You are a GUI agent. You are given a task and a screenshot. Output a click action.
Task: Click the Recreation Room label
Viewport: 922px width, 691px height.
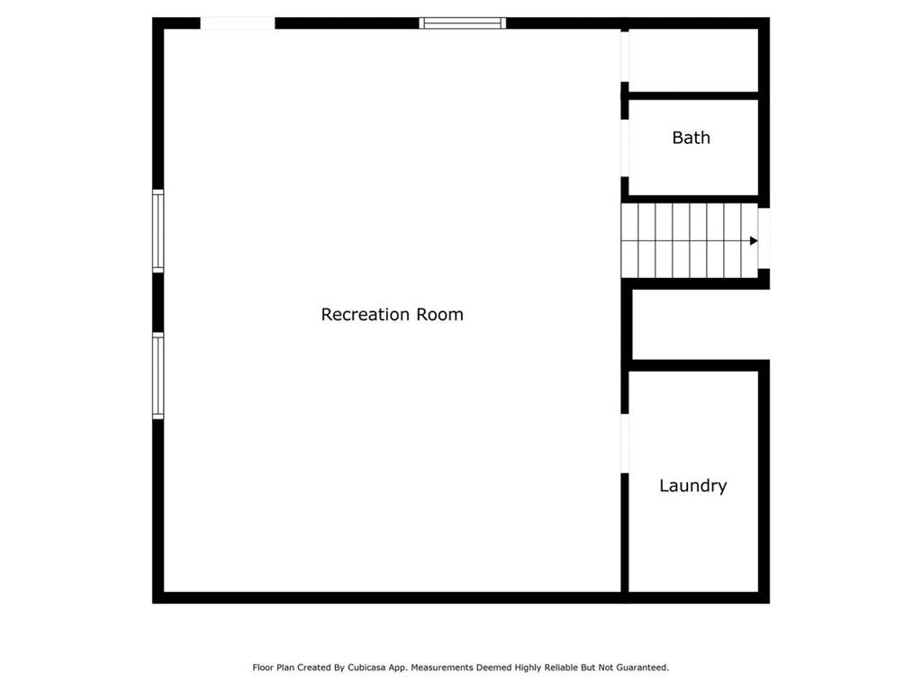pyautogui.click(x=393, y=314)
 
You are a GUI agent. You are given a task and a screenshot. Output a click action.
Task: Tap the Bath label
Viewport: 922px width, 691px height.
pyautogui.click(x=691, y=138)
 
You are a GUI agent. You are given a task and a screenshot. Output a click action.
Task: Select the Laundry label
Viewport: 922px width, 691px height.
pyautogui.click(x=692, y=486)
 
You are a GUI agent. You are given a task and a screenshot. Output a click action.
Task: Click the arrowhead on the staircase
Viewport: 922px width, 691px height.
pyautogui.click(x=754, y=241)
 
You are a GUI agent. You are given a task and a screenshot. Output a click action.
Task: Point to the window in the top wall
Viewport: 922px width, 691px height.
pyautogui.click(x=462, y=23)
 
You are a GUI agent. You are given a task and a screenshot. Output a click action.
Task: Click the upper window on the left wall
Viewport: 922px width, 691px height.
pyautogui.click(x=158, y=231)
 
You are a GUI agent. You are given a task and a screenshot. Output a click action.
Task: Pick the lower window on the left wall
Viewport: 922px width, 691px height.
pyautogui.click(x=158, y=376)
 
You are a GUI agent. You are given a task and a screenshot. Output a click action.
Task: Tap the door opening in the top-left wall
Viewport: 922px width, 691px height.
pyautogui.click(x=238, y=23)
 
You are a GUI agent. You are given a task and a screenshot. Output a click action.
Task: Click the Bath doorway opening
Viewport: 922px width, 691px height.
pyautogui.click(x=625, y=148)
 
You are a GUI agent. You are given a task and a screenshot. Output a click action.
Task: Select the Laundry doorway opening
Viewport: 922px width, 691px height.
pyautogui.click(x=625, y=444)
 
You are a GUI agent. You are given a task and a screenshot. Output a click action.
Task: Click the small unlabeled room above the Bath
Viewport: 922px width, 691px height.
pyautogui.click(x=693, y=60)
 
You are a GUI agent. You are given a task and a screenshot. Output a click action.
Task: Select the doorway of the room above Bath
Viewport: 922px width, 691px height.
pyautogui.click(x=625, y=57)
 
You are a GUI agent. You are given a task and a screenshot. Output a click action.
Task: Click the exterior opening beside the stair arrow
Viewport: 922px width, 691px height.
pyautogui.click(x=764, y=238)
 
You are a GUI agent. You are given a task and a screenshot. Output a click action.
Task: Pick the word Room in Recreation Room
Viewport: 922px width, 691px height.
pyautogui.click(x=439, y=314)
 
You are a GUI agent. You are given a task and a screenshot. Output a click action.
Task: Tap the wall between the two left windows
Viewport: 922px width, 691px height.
pyautogui.click(x=158, y=302)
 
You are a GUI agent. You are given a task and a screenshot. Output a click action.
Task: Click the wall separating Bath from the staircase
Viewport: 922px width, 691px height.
pyautogui.click(x=693, y=199)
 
